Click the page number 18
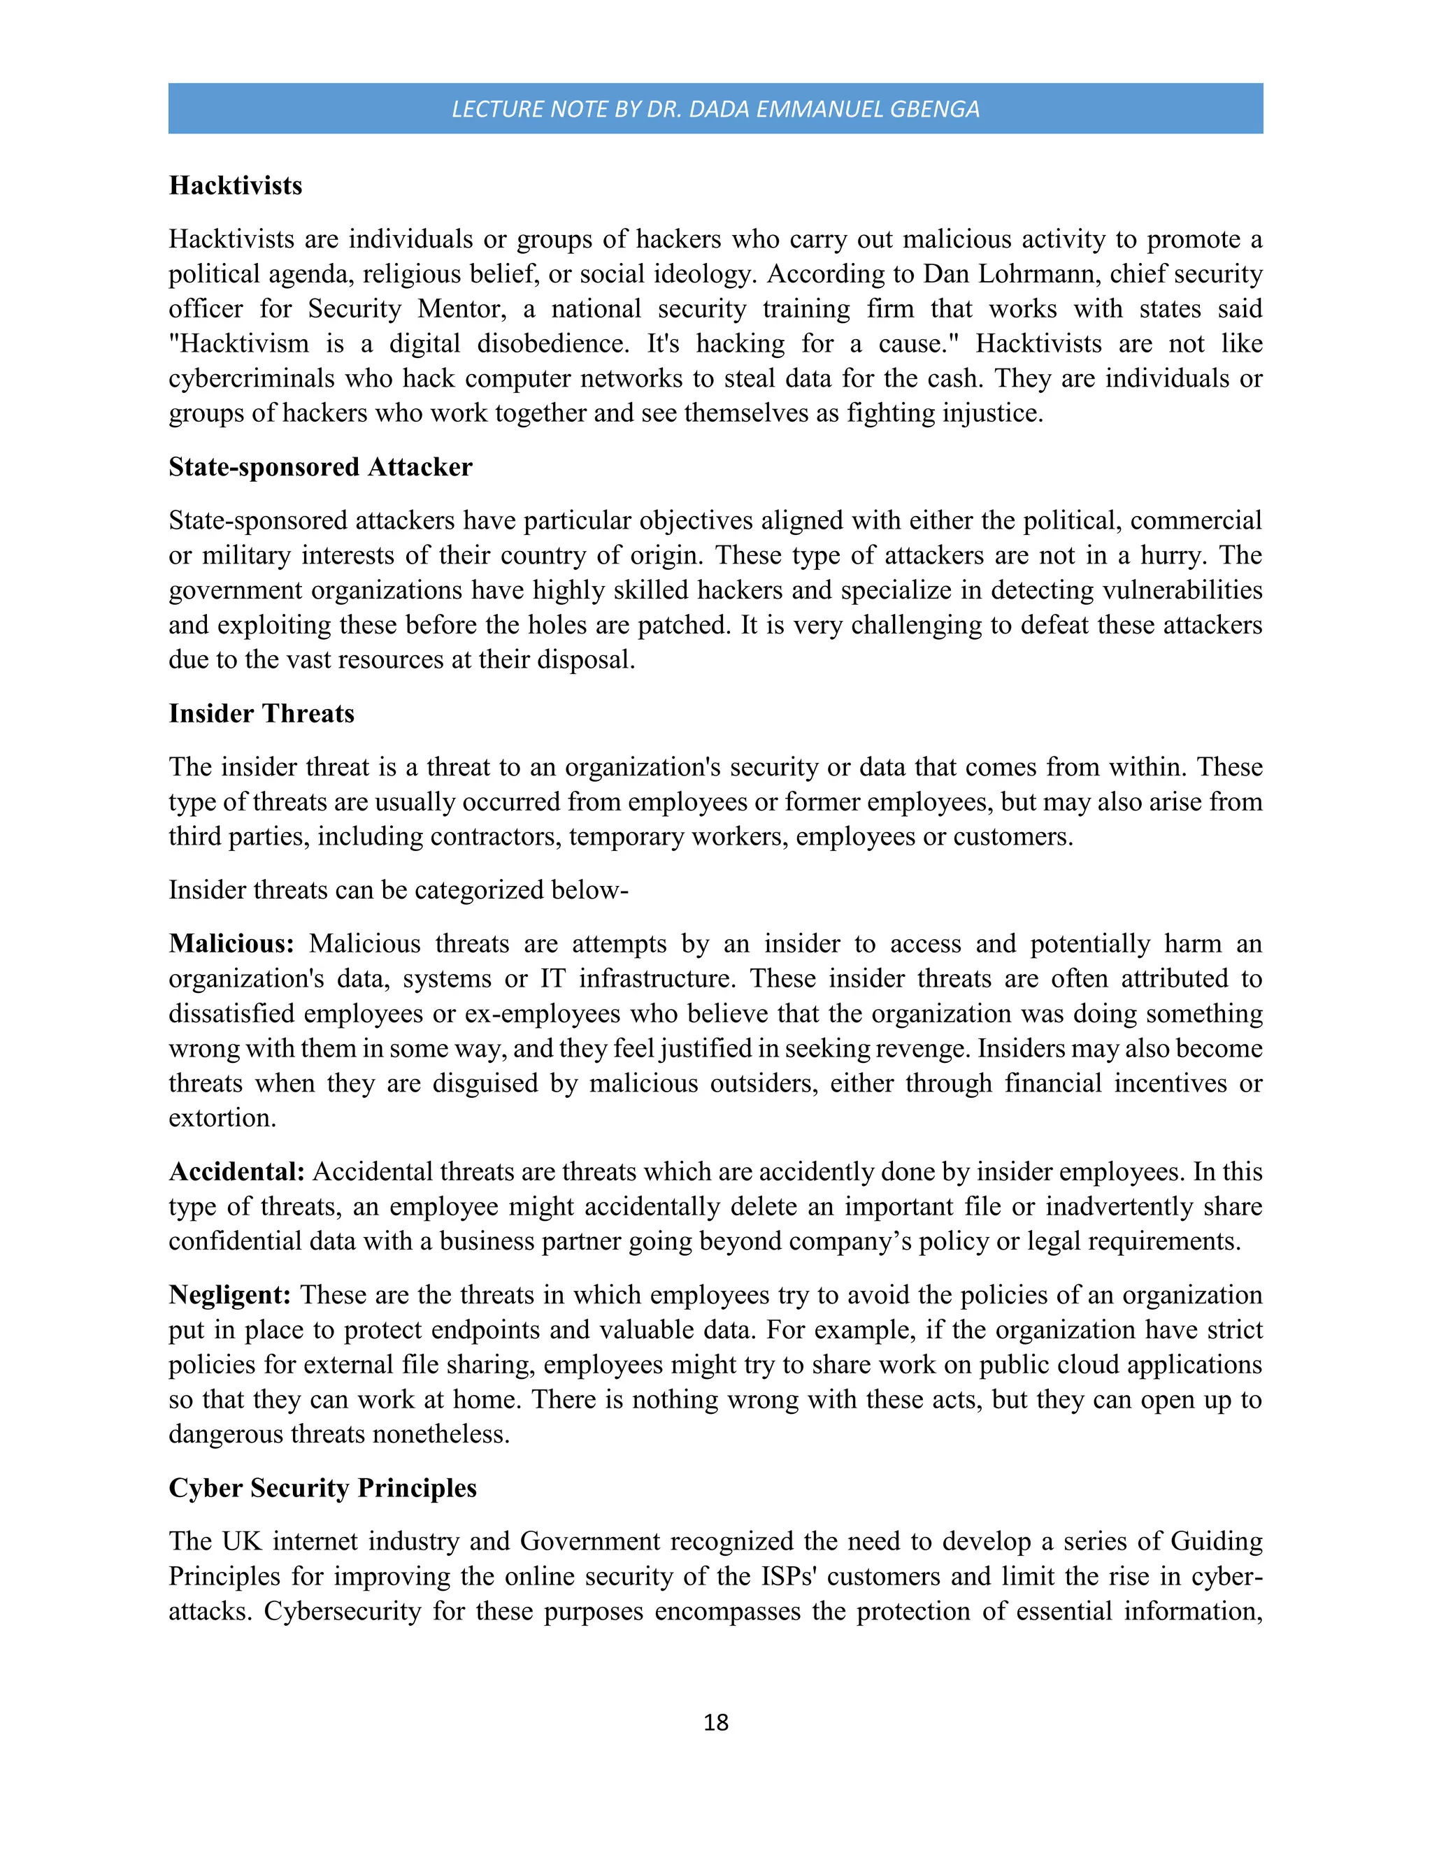pos(715,1722)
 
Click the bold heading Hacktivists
pos(235,186)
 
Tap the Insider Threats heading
pos(262,713)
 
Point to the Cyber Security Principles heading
pos(322,1488)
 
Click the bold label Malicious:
pos(231,943)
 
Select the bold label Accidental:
pos(236,1172)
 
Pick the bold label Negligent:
pos(230,1295)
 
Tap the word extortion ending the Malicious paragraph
pos(222,1118)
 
